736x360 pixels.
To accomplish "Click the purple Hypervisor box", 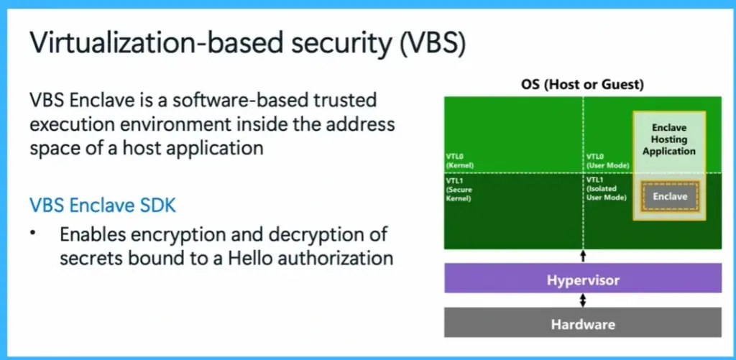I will pos(582,278).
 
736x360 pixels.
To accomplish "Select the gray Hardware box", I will pos(582,323).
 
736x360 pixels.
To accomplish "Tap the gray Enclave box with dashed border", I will pos(670,196).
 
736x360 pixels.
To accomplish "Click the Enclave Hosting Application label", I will pos(669,139).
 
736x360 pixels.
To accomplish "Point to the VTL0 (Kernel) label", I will pos(458,160).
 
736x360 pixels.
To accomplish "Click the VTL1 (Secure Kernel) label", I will pos(458,188).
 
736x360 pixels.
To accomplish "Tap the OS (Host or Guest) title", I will pos(582,85).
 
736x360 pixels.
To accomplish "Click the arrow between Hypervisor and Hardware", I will pos(583,300).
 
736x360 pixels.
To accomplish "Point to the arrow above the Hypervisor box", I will pos(583,256).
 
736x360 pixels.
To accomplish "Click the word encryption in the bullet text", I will pos(179,235).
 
